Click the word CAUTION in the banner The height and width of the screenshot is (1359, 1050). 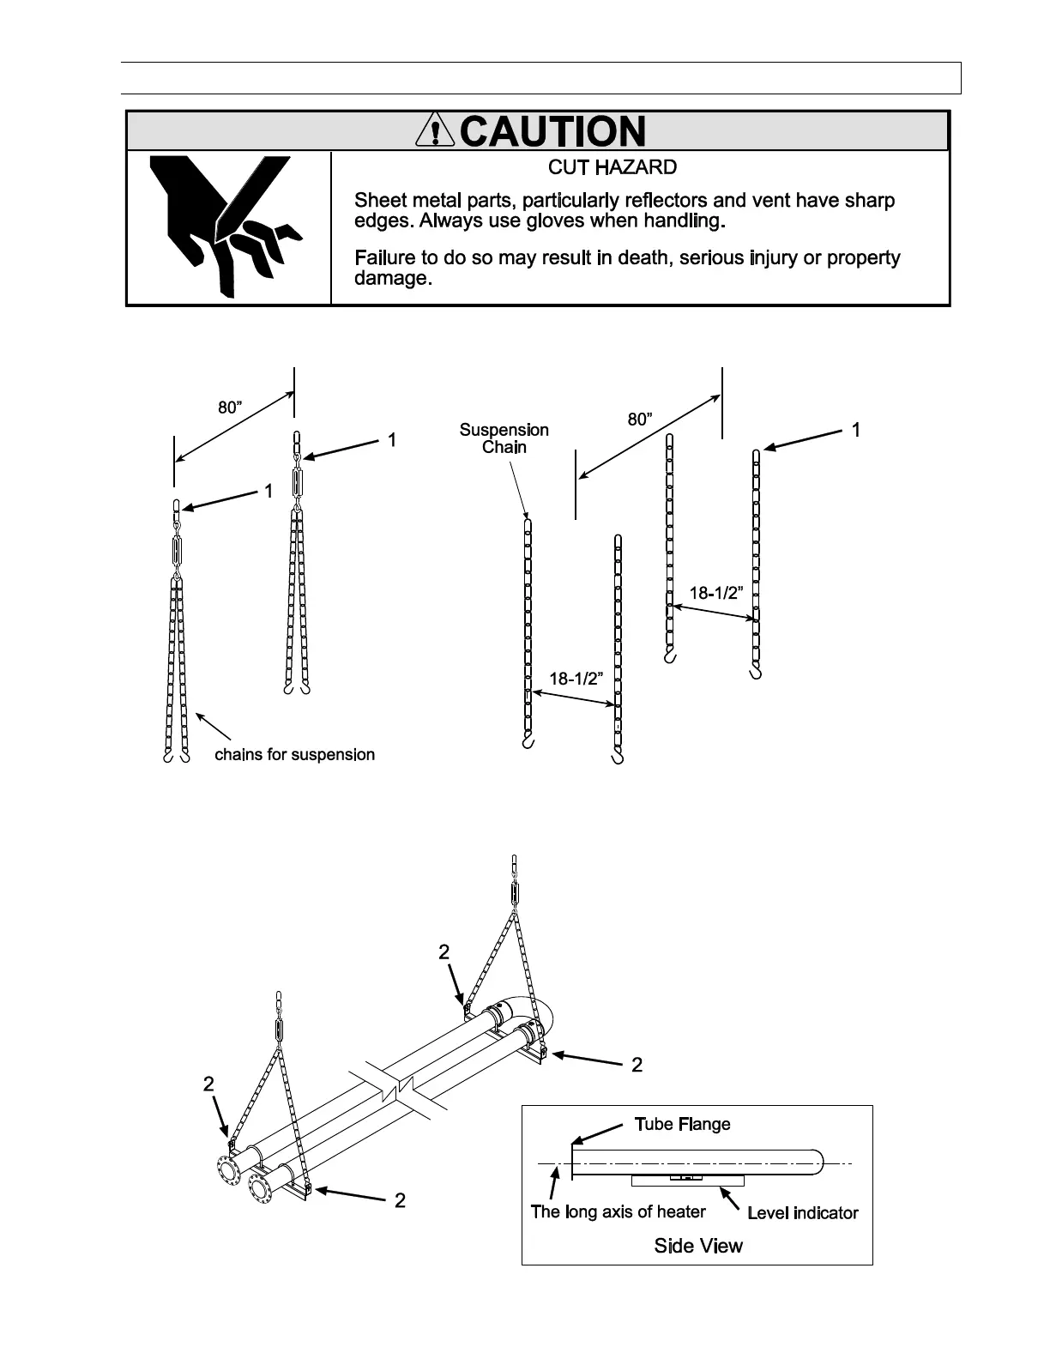[x=553, y=131]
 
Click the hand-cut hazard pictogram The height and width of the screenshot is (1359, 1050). [x=226, y=226]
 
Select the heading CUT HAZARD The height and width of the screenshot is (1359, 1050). [x=612, y=167]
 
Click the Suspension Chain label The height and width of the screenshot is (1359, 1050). [x=504, y=438]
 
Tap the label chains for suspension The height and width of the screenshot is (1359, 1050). [x=294, y=755]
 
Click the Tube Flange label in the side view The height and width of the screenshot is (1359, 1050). [x=682, y=1124]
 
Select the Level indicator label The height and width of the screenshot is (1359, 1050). [x=802, y=1212]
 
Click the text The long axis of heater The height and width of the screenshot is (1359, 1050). [x=618, y=1211]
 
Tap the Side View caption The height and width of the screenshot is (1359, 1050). [x=698, y=1246]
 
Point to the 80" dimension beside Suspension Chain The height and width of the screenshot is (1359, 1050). [x=640, y=420]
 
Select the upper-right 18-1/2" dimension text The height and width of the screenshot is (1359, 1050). [x=716, y=593]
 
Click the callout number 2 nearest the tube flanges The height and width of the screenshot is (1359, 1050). [x=208, y=1084]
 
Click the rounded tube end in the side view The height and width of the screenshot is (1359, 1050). [x=817, y=1163]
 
